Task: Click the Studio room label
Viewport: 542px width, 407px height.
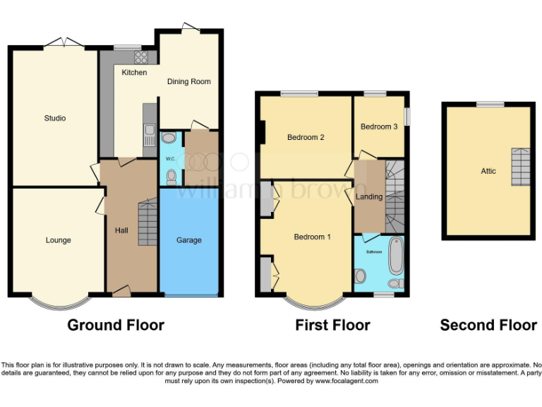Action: click(55, 118)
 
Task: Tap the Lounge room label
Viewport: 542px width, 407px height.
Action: click(58, 240)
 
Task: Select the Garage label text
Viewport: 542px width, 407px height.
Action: click(189, 240)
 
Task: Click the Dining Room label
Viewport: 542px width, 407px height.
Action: click(189, 82)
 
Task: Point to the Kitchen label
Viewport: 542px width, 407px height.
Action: click(134, 73)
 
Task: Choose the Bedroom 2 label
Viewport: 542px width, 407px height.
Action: click(306, 138)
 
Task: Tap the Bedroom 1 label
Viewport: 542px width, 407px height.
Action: click(312, 237)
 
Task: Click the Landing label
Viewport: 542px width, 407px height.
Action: click(369, 196)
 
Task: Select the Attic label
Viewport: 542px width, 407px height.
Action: click(488, 171)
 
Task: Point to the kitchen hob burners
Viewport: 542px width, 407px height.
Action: click(141, 57)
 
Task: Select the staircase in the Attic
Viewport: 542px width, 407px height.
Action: click(520, 167)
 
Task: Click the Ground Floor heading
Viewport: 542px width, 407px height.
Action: click(116, 325)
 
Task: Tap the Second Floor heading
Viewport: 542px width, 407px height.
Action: click(488, 325)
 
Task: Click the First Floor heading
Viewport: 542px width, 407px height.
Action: click(332, 325)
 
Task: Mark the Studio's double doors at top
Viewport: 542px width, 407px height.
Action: click(62, 43)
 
